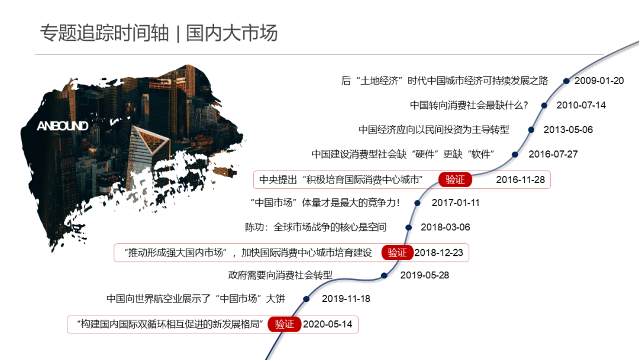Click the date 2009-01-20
599,81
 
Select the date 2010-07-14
581,105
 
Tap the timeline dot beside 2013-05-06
531,130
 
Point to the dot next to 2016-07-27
515,155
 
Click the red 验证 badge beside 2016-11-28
455,179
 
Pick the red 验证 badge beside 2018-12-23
397,253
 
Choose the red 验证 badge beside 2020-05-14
284,324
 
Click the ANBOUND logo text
62,126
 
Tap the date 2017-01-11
456,203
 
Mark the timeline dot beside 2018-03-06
408,227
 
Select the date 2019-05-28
425,275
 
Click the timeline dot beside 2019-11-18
306,299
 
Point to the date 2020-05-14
327,324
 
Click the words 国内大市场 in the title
232,33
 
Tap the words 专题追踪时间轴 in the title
105,33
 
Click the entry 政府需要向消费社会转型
280,275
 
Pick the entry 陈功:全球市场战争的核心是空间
315,227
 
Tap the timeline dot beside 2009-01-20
566,81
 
